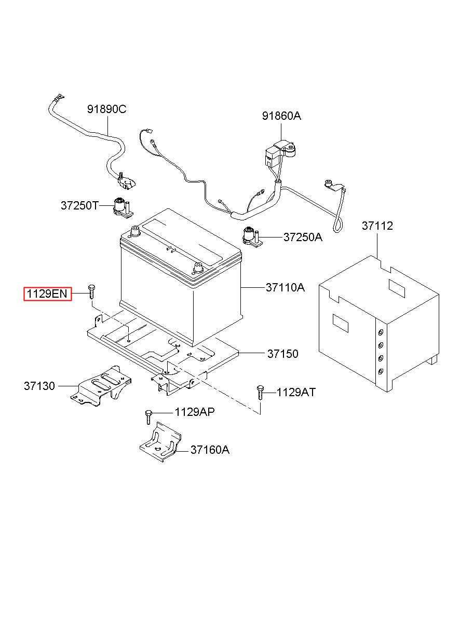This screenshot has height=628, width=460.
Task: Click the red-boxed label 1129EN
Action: pyautogui.click(x=48, y=294)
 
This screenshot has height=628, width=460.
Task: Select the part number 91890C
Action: pyautogui.click(x=106, y=109)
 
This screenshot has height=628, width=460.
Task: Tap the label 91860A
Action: pyautogui.click(x=281, y=116)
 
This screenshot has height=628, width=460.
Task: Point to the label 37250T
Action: pyautogui.click(x=80, y=205)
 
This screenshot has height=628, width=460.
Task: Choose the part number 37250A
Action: pyautogui.click(x=303, y=237)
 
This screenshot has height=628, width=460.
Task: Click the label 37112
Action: pyautogui.click(x=377, y=226)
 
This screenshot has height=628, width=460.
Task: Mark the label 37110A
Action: pyautogui.click(x=285, y=287)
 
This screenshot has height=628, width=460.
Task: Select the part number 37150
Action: pyautogui.click(x=282, y=354)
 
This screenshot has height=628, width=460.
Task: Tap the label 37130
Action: pyautogui.click(x=39, y=386)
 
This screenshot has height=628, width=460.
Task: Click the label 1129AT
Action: pyautogui.click(x=296, y=392)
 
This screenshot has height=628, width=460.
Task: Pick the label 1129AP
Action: pyautogui.click(x=195, y=412)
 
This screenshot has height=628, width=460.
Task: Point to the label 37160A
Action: pyautogui.click(x=210, y=450)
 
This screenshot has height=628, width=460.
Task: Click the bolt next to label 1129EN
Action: pyautogui.click(x=91, y=292)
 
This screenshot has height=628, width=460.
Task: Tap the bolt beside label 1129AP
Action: pyautogui.click(x=148, y=417)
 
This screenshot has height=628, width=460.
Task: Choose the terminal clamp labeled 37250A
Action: pyautogui.click(x=252, y=237)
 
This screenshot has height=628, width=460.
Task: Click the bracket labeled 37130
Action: pyautogui.click(x=101, y=386)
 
